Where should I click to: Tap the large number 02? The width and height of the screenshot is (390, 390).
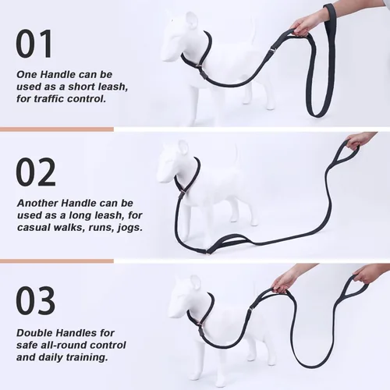pyautogui.click(x=36, y=172)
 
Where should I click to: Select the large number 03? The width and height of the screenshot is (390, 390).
pyautogui.click(x=36, y=302)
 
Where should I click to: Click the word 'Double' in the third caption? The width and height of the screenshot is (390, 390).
pyautogui.click(x=34, y=331)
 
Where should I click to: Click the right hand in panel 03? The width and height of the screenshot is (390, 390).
pyautogui.click(x=367, y=274)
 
